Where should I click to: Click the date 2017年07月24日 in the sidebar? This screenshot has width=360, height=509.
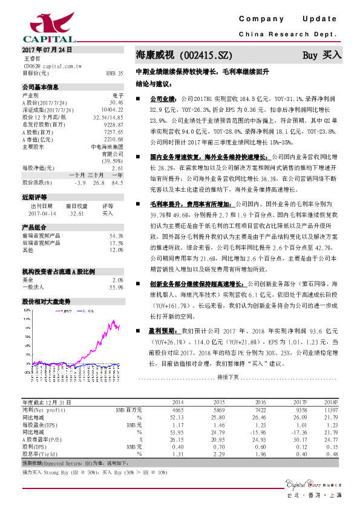point(47,49)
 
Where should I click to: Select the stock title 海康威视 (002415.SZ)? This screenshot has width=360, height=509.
point(184,55)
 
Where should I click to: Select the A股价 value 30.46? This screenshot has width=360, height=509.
point(116,102)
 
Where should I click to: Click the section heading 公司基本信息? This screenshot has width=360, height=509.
point(41,87)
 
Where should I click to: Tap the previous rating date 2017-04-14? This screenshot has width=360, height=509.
point(42,213)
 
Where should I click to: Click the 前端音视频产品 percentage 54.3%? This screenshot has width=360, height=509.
point(116,236)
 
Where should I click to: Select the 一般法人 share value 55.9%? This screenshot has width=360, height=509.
point(116,287)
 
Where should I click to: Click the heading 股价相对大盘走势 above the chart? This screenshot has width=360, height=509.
point(46,300)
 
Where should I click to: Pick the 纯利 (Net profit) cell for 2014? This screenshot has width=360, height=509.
point(178,409)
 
